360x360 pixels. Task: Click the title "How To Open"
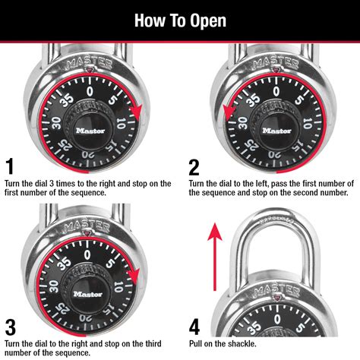coord(180,20)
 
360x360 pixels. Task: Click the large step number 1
coord(9,166)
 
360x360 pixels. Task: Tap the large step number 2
coord(194,166)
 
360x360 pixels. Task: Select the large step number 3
coord(10,327)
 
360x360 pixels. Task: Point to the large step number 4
coord(194,327)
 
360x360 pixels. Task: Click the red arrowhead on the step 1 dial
coord(136,115)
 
